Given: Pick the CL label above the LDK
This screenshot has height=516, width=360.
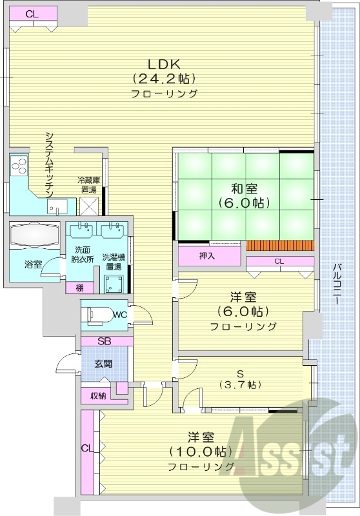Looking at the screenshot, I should (x=32, y=13).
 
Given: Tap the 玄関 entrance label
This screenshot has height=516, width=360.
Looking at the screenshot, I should (x=103, y=364).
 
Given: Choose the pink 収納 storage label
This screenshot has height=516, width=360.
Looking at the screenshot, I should (x=97, y=395).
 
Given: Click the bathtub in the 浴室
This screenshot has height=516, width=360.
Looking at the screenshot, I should (x=34, y=233).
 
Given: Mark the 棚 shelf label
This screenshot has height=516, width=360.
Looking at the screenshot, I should (x=79, y=288).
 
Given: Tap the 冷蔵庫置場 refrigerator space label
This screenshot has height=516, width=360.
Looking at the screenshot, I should (x=87, y=185).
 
